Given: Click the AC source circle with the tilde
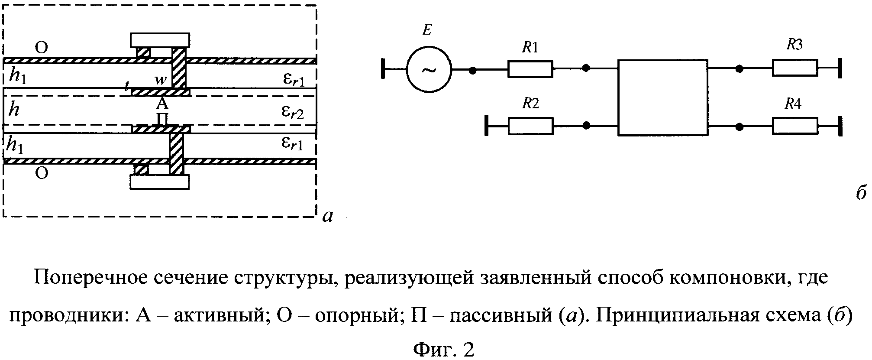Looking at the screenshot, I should point(429,69).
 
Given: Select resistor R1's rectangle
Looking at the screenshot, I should point(530,69).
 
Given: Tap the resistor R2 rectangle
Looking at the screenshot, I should point(530,126).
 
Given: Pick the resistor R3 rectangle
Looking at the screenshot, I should point(795,68).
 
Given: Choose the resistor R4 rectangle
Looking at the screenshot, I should point(795,126).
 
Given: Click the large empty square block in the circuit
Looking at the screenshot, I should point(662,98).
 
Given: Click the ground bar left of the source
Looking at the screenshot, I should point(383,69).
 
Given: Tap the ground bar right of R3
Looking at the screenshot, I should point(841,68).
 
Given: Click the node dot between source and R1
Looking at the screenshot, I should point(473,69).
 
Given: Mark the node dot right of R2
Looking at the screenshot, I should point(586,126).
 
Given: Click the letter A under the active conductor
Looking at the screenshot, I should point(162,104).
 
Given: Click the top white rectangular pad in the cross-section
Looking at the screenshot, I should point(160,40).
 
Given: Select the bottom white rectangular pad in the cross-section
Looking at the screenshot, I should point(160,182).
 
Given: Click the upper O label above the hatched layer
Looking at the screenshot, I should point(41,47).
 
